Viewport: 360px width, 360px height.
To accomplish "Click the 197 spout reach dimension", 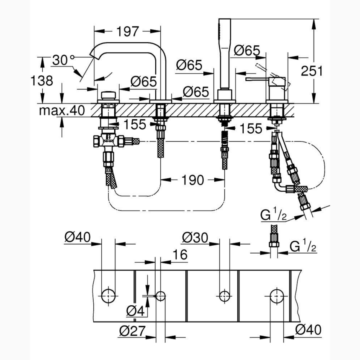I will (128, 31).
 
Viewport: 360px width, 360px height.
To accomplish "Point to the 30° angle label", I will (63, 60).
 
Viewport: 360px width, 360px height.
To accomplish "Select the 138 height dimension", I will (42, 80).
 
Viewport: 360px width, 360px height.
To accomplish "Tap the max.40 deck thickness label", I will (62, 111).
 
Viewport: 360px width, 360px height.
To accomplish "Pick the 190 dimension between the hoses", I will (193, 180).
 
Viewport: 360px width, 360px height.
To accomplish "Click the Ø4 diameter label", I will (135, 311).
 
